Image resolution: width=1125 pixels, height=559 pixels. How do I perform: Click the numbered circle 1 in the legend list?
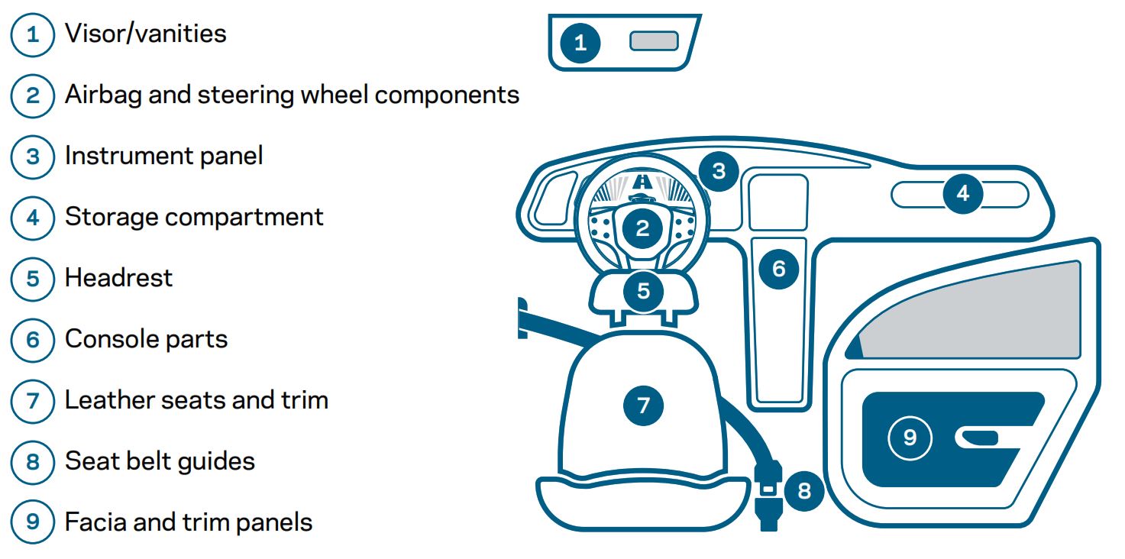click(x=32, y=34)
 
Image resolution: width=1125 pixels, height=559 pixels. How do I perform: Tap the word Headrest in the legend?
click(x=118, y=277)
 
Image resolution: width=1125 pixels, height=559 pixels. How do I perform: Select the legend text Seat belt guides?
click(x=160, y=461)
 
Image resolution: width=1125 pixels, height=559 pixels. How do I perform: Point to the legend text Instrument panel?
click(x=163, y=156)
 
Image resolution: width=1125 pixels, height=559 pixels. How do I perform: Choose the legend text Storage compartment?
click(x=194, y=217)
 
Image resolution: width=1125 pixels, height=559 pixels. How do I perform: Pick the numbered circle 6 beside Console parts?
click(x=32, y=339)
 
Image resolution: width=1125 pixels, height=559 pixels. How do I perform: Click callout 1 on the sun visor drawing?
click(x=580, y=43)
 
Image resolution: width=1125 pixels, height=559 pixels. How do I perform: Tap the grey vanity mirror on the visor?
click(x=654, y=41)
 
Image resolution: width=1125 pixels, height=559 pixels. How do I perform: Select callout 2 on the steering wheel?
click(x=642, y=228)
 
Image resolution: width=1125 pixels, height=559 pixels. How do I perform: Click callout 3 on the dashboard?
click(x=719, y=170)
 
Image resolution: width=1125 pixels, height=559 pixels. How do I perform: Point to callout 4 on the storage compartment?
click(x=962, y=193)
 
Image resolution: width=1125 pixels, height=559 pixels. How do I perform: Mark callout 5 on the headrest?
click(x=643, y=291)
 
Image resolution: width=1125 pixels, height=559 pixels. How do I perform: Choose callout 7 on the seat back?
click(x=643, y=405)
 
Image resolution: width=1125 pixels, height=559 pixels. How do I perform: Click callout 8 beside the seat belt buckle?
click(x=803, y=490)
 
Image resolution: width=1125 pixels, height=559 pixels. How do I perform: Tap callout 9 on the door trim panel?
click(x=910, y=437)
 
